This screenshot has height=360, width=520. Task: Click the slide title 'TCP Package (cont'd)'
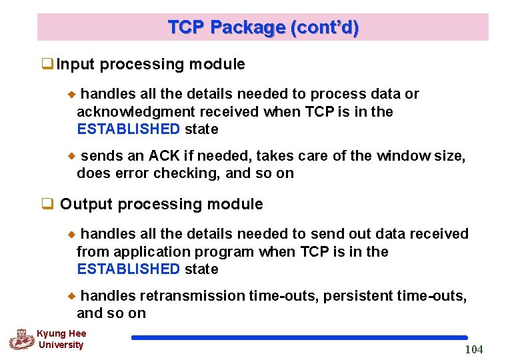click(x=263, y=27)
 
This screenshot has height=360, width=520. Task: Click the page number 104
click(x=474, y=349)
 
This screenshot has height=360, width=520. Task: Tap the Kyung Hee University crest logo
click(x=21, y=339)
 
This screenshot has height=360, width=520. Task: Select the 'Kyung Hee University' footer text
click(x=61, y=339)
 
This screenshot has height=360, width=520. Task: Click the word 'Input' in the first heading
click(x=76, y=65)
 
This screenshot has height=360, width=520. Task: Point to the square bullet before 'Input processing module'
click(x=47, y=65)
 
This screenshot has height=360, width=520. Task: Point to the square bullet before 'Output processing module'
click(x=47, y=204)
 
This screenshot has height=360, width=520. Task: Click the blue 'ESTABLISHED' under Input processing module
click(x=129, y=129)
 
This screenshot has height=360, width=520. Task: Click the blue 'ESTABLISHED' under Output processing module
click(x=129, y=269)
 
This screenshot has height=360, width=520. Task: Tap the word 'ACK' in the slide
click(x=164, y=156)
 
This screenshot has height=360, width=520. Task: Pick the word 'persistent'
click(x=352, y=296)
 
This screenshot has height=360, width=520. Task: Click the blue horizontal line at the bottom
click(x=299, y=338)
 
